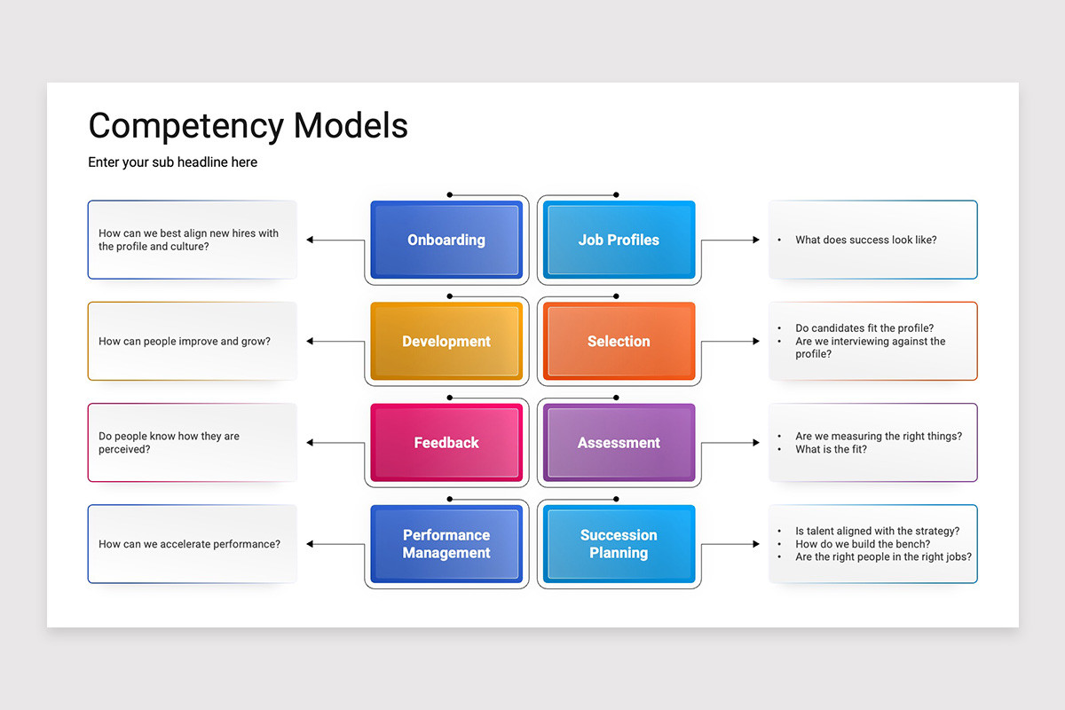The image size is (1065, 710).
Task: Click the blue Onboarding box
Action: tap(446, 240)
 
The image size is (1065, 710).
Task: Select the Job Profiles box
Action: tap(619, 240)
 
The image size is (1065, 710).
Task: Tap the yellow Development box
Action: tap(446, 342)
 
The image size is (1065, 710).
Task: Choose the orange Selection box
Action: tap(619, 342)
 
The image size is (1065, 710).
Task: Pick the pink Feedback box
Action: tap(446, 443)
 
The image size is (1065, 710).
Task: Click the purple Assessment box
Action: tap(619, 443)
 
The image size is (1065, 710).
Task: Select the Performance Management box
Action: tap(446, 544)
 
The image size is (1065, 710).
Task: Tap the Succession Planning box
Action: tap(619, 544)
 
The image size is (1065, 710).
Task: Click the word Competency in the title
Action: tap(186, 126)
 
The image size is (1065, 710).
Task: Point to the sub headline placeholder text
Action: tap(172, 162)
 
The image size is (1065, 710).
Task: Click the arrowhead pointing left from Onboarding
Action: tap(311, 240)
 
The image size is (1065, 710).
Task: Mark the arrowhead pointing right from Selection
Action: tap(755, 341)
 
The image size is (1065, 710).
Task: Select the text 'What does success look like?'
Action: tap(865, 240)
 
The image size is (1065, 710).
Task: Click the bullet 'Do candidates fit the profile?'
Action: tap(864, 328)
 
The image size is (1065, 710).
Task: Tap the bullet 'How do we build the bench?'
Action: tap(863, 544)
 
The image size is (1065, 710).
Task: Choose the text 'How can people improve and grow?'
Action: tap(185, 342)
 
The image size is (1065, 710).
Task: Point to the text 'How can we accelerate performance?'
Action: tap(189, 544)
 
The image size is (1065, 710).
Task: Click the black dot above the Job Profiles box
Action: tap(616, 194)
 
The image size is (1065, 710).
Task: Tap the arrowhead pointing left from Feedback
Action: tap(311, 443)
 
